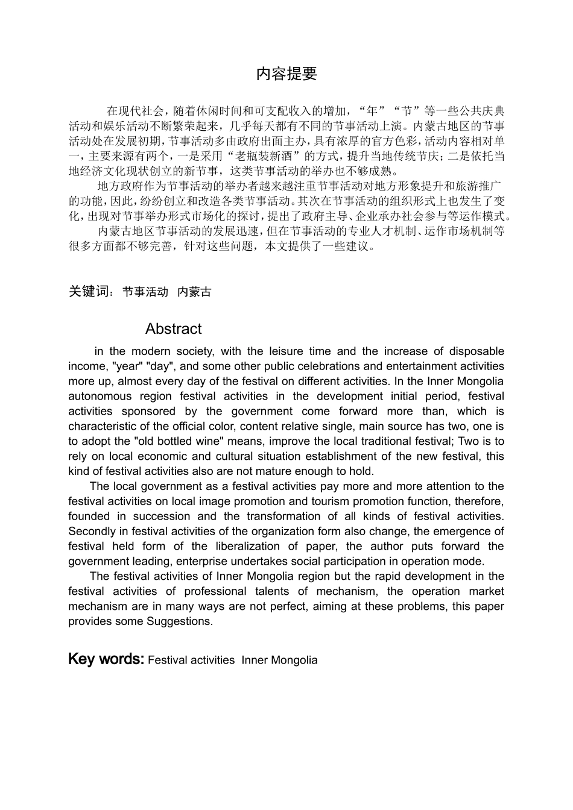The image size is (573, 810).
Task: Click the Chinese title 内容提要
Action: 286,74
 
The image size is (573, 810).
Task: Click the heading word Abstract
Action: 173,329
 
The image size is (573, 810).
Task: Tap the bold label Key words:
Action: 106,659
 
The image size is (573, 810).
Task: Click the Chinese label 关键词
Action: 89,292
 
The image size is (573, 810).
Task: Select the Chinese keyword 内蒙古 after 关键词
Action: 195,292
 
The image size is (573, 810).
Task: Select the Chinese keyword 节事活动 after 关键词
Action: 145,292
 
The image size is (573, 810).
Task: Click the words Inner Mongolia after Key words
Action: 279,660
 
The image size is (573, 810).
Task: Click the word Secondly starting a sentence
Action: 90,532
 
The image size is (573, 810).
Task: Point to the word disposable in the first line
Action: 473,351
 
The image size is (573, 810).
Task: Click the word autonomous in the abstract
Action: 100,397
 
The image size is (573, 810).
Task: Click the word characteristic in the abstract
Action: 102,426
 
